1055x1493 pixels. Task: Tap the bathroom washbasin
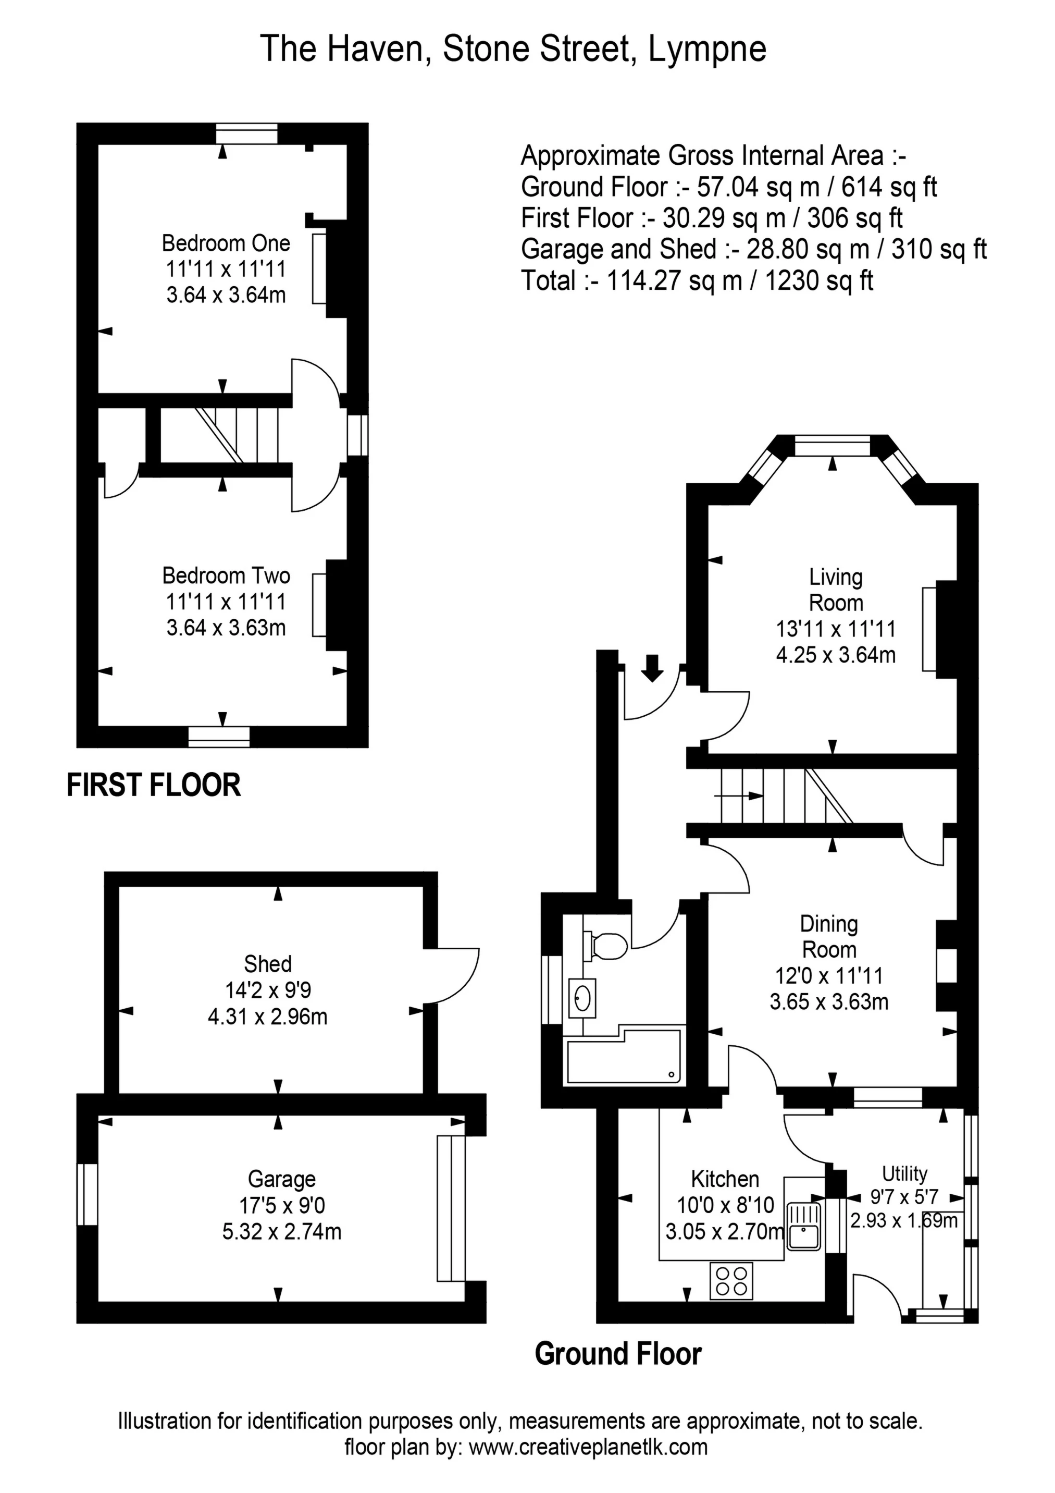tap(582, 998)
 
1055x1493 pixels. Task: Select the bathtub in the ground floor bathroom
tap(624, 1062)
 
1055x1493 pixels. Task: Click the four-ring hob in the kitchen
tap(731, 1280)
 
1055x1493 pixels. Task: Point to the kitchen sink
tap(804, 1227)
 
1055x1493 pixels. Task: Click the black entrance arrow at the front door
tap(653, 668)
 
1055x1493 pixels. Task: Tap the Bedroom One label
tap(226, 243)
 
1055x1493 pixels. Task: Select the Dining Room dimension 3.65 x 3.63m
tap(829, 1001)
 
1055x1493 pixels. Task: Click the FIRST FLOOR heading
tap(153, 785)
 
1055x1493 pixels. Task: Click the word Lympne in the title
tap(707, 49)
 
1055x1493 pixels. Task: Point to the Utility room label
tap(904, 1174)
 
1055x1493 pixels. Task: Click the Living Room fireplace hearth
tap(929, 629)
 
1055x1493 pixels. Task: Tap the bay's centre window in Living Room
tap(832, 447)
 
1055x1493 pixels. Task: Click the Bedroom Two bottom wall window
tap(219, 736)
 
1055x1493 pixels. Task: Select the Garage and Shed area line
tap(753, 249)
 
